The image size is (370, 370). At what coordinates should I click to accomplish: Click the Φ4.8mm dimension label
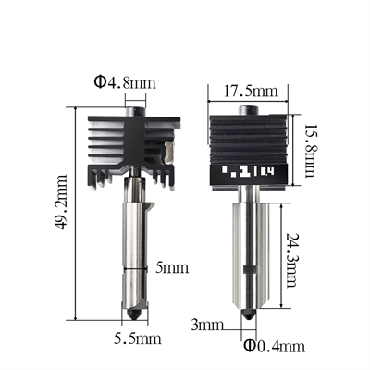124,83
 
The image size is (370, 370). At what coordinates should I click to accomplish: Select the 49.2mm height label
62,215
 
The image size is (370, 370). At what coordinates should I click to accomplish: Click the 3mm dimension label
208,326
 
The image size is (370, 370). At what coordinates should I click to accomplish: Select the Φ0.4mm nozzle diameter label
275,346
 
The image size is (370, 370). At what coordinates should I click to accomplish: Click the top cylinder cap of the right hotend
250,111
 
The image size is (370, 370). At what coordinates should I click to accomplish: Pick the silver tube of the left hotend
136,250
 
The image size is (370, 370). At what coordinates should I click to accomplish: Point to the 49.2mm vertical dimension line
75,215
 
